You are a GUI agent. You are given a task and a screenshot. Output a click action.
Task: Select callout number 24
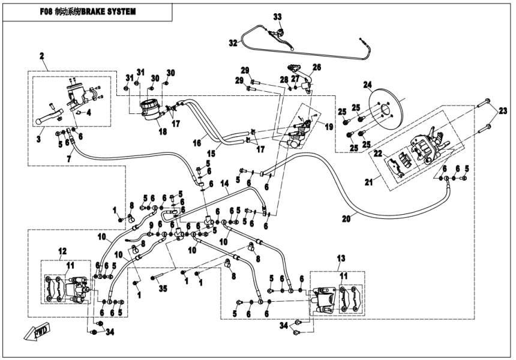[x=368, y=84]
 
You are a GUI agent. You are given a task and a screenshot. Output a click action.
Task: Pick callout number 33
[x=277, y=16]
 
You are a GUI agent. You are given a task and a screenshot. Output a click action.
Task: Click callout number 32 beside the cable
[x=233, y=43]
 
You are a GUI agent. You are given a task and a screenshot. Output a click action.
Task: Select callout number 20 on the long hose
[x=345, y=219]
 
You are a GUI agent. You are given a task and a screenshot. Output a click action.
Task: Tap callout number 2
[x=42, y=56]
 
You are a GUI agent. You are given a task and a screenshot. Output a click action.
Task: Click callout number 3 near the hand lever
[x=40, y=139]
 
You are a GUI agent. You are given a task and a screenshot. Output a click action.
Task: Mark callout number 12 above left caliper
[x=62, y=250]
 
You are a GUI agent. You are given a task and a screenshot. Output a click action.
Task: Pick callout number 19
[x=329, y=127]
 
